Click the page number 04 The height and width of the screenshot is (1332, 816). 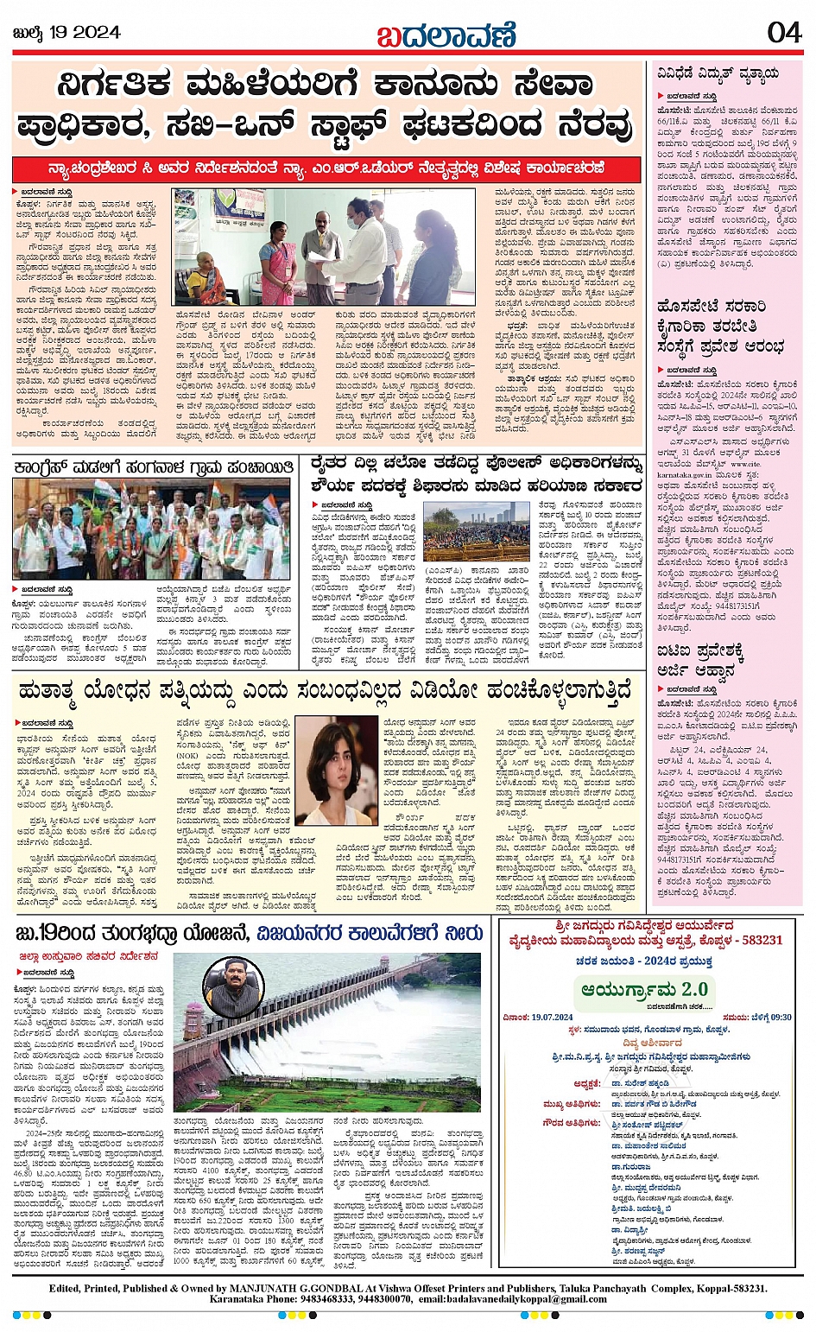783,33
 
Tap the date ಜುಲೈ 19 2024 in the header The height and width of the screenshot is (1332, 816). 66,33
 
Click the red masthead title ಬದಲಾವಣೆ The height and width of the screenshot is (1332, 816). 446,35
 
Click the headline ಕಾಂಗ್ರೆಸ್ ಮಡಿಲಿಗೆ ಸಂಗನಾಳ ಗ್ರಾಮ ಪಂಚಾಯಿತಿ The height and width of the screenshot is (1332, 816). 154,467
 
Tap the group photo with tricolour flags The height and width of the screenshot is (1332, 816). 151,529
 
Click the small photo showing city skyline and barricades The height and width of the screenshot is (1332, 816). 476,530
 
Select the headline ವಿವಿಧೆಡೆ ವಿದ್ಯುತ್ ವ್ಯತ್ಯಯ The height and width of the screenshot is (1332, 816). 718,74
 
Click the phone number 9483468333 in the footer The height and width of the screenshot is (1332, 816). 330,1298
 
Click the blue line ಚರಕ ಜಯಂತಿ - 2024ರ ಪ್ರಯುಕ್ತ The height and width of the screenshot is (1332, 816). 644,961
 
